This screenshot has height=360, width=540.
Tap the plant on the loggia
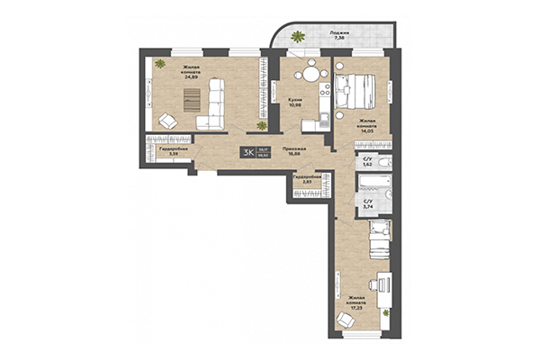click(x=298, y=37)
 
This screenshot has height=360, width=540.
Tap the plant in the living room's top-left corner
click(x=158, y=63)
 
